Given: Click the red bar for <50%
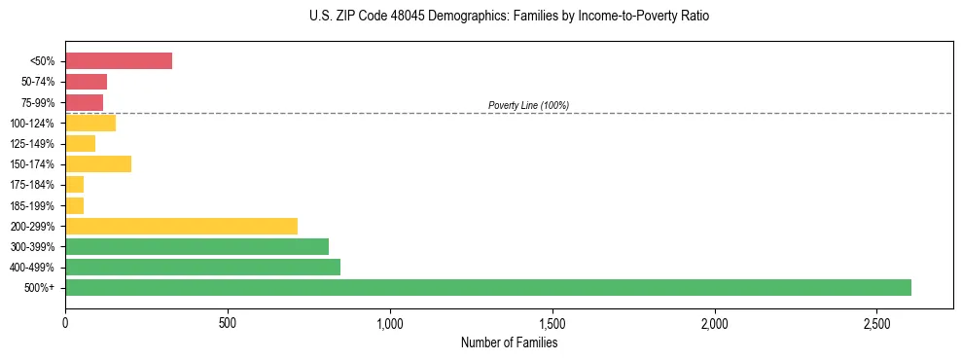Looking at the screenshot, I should click(119, 61).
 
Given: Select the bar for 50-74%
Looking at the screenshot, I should click(86, 82).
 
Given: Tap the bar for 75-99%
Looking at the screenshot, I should click(84, 102).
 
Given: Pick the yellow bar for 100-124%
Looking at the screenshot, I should click(90, 123).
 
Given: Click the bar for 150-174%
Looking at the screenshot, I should click(98, 163).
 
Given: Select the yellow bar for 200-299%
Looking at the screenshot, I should click(181, 226).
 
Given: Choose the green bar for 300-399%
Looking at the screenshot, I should click(196, 246).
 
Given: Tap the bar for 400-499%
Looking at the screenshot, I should click(202, 267).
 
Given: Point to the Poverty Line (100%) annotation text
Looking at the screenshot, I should click(528, 105).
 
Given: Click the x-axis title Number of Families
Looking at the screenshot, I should click(509, 342).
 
